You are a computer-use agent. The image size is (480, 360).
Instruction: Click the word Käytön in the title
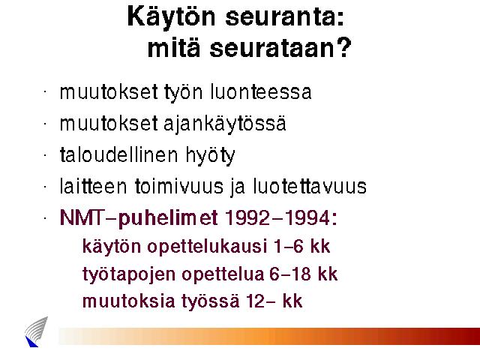(172, 17)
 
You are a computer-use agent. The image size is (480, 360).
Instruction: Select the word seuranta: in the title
(285, 17)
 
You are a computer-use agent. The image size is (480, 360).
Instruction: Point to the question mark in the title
(343, 47)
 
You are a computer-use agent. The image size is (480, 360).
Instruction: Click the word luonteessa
(261, 91)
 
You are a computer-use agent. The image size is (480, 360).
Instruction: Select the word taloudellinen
(118, 154)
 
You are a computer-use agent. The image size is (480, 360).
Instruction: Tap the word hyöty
(210, 156)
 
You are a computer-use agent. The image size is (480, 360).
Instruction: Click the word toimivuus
(179, 186)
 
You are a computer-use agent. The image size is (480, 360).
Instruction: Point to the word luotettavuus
(310, 186)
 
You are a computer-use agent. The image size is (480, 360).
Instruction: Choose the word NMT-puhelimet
(139, 218)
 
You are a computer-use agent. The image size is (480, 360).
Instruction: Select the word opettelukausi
(207, 247)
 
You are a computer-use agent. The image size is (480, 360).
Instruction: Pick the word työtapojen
(129, 274)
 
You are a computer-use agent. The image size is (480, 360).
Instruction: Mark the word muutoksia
(128, 301)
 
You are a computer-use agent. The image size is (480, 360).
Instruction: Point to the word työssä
(211, 301)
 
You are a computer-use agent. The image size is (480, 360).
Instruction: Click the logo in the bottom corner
(37, 332)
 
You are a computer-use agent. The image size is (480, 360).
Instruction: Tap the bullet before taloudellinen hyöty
(45, 155)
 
